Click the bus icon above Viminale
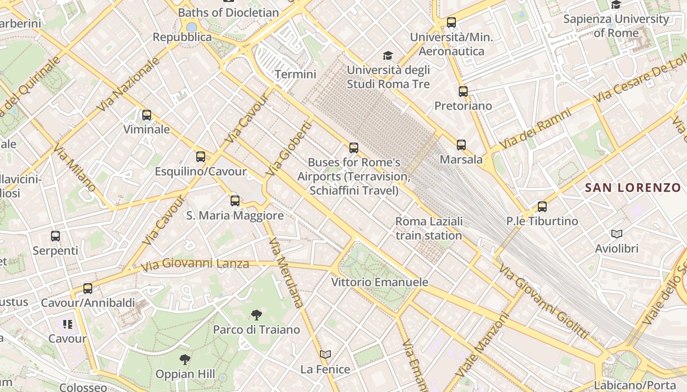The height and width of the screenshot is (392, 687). (146, 115)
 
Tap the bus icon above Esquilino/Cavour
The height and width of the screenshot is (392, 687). (201, 157)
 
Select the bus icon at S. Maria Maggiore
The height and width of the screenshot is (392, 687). (235, 200)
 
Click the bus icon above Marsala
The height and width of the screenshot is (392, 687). (461, 145)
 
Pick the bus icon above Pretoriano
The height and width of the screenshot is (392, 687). (463, 91)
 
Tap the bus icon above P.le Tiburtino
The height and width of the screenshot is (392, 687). (542, 207)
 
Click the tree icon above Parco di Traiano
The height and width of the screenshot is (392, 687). (256, 315)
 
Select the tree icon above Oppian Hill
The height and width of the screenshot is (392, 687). (185, 360)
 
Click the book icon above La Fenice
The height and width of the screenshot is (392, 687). (325, 354)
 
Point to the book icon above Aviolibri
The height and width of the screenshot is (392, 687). (617, 234)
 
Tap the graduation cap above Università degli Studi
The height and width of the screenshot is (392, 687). (388, 55)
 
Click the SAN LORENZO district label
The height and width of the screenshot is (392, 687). (633, 188)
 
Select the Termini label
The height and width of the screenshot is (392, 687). (295, 74)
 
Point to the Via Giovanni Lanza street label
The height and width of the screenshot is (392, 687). (195, 265)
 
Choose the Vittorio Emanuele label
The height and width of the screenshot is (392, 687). (379, 282)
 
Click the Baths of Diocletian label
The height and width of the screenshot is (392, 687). (228, 13)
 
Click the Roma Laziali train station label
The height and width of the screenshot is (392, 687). (429, 228)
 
